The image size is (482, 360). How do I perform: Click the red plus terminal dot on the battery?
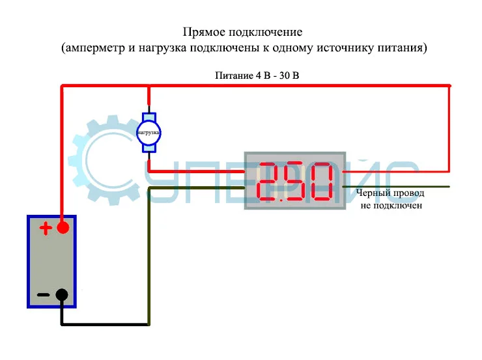[x=63, y=228]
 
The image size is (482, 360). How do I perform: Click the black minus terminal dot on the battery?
[x=62, y=294]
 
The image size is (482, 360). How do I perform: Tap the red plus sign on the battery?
[x=44, y=228]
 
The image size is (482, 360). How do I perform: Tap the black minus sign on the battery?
[x=43, y=295]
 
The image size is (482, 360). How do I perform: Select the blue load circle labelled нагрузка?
[x=149, y=133]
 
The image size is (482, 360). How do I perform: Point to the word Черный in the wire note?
[x=372, y=193]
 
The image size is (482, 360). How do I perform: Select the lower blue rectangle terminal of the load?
[x=150, y=148]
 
